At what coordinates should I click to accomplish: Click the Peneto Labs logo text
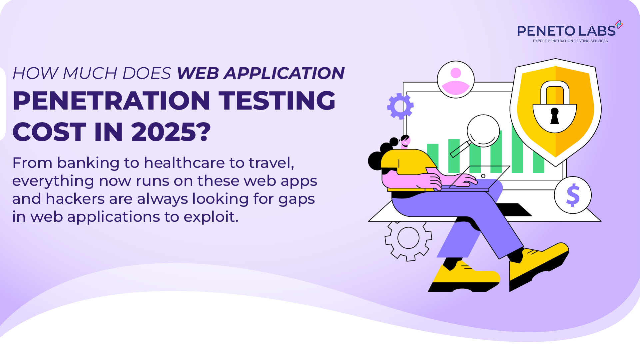pyautogui.click(x=566, y=31)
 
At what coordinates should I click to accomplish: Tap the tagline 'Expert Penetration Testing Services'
pyautogui.click(x=570, y=41)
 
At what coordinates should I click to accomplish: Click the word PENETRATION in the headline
pyautogui.click(x=111, y=101)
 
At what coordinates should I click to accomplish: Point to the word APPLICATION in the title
pyautogui.click(x=284, y=73)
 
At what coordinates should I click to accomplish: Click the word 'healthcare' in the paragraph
pyautogui.click(x=184, y=163)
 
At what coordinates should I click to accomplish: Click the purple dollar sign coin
pyautogui.click(x=573, y=195)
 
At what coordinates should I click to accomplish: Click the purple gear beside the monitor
pyautogui.click(x=400, y=106)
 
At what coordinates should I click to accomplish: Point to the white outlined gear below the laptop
pyautogui.click(x=408, y=238)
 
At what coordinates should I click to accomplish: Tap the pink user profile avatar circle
pyautogui.click(x=456, y=80)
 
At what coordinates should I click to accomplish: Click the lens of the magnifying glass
pyautogui.click(x=483, y=131)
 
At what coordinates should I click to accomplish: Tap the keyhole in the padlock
pyautogui.click(x=555, y=116)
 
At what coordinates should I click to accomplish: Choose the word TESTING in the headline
pyautogui.click(x=277, y=101)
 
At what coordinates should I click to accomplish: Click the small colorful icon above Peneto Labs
pyautogui.click(x=619, y=24)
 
